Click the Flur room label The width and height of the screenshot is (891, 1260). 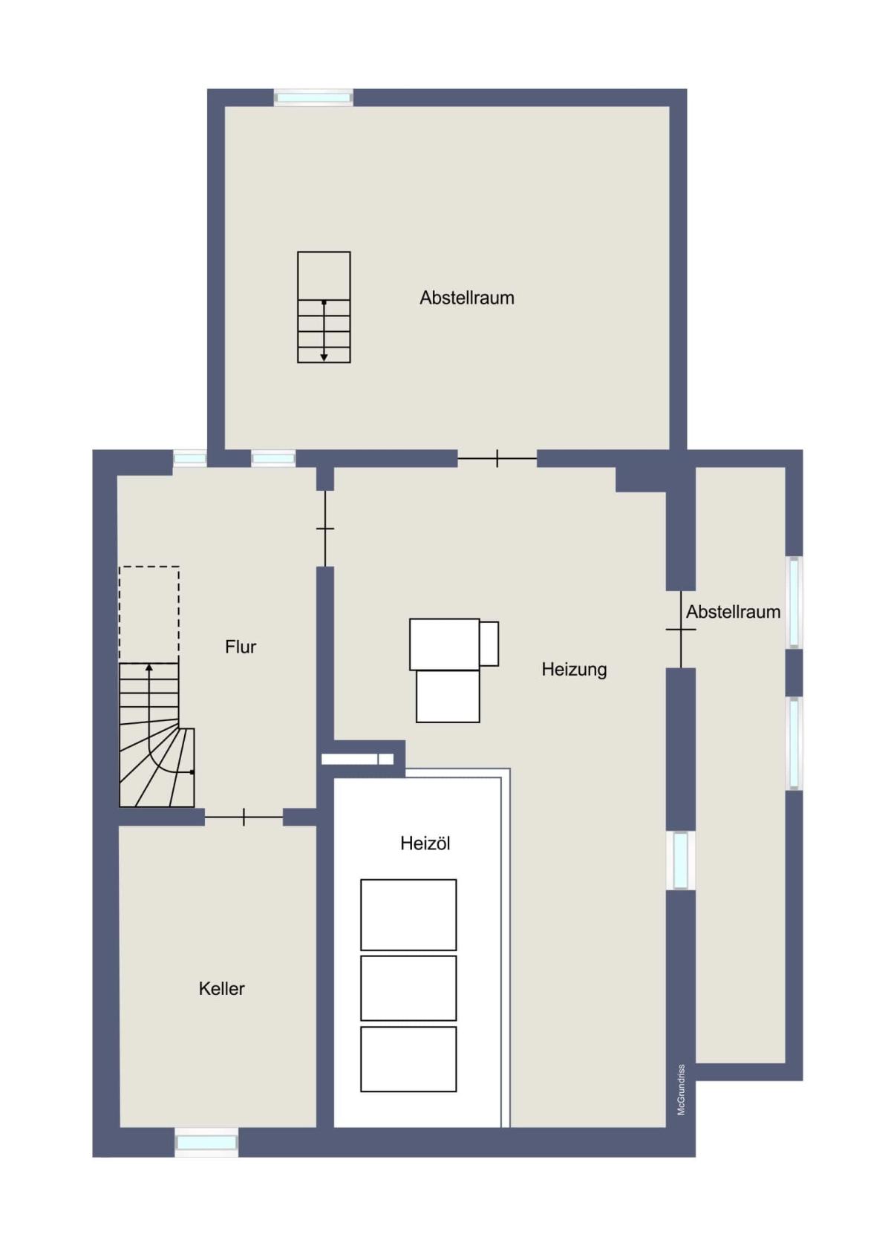(241, 647)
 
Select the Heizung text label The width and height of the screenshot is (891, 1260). (574, 670)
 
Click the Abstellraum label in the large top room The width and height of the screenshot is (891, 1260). (467, 298)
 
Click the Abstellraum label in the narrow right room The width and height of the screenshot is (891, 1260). (733, 612)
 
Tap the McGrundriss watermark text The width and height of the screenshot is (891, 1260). (681, 1089)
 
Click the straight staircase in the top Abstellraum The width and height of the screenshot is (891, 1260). (324, 307)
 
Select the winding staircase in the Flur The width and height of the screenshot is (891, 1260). (157, 734)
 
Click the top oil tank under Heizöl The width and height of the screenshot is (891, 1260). (408, 915)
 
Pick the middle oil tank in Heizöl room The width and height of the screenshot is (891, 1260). (408, 988)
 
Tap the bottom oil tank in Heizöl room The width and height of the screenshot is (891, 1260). (408, 1060)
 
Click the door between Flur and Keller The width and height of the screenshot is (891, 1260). (244, 817)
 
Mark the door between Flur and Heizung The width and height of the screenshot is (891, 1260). (325, 529)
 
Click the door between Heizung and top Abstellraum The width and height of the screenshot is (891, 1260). (497, 458)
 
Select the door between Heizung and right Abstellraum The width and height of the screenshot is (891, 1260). (681, 630)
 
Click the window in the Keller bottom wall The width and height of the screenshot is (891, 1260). (206, 1143)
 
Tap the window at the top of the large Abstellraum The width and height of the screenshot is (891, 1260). (313, 98)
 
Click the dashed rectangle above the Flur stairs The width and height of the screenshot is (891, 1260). (149, 614)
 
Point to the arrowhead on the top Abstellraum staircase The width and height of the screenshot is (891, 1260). (324, 357)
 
